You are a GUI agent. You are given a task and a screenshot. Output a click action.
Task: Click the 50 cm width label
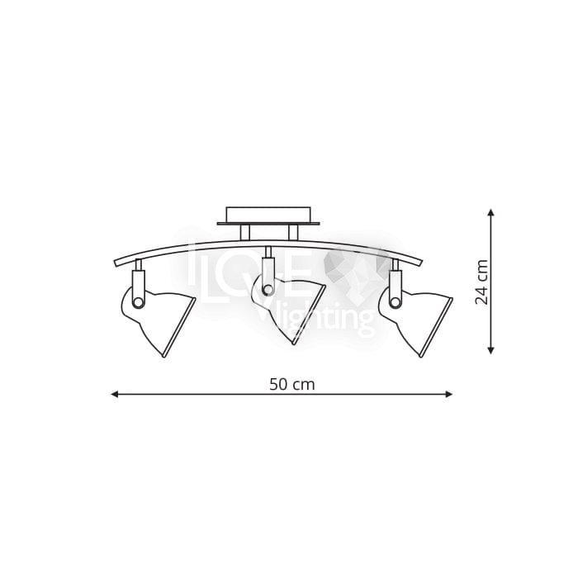(x=292, y=385)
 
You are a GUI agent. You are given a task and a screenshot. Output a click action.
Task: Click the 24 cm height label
(x=481, y=282)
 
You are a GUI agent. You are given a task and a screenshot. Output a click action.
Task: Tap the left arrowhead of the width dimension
(x=114, y=394)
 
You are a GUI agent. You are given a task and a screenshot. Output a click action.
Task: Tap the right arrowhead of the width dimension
(x=449, y=394)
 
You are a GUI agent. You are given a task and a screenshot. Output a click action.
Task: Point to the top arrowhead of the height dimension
(x=490, y=212)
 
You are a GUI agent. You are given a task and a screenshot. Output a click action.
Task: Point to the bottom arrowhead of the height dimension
(x=490, y=351)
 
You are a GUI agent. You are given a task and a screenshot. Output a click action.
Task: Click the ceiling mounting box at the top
(x=268, y=215)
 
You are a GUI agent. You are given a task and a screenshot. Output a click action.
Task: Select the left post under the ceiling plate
(x=244, y=233)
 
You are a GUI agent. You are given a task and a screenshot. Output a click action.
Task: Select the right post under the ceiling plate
(x=293, y=233)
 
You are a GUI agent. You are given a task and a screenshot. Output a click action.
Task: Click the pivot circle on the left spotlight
(x=138, y=302)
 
